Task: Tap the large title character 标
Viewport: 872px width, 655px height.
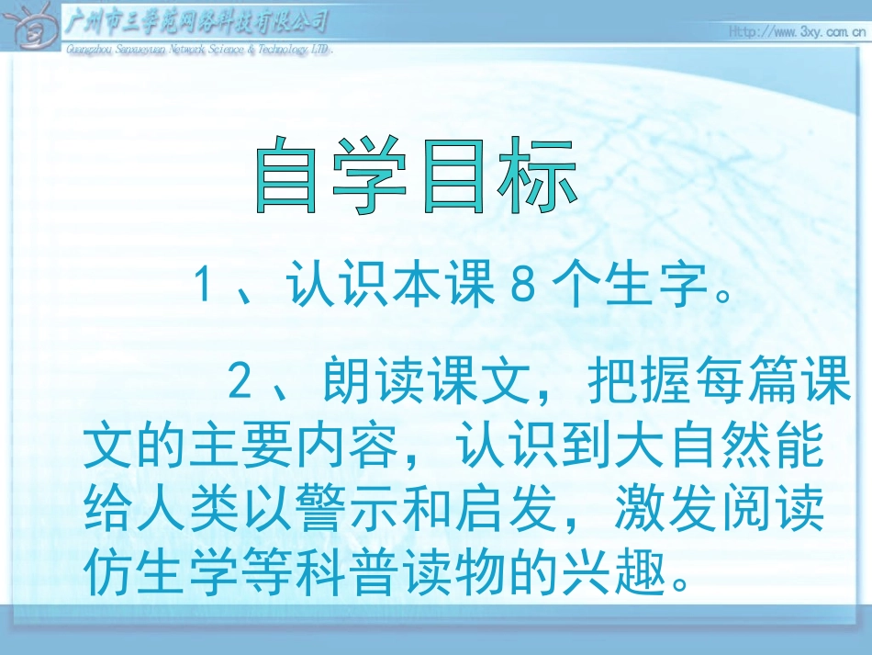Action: pyautogui.click(x=537, y=176)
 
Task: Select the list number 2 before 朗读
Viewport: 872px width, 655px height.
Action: pyautogui.click(x=240, y=383)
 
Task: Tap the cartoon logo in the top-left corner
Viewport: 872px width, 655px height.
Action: pyautogui.click(x=31, y=29)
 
